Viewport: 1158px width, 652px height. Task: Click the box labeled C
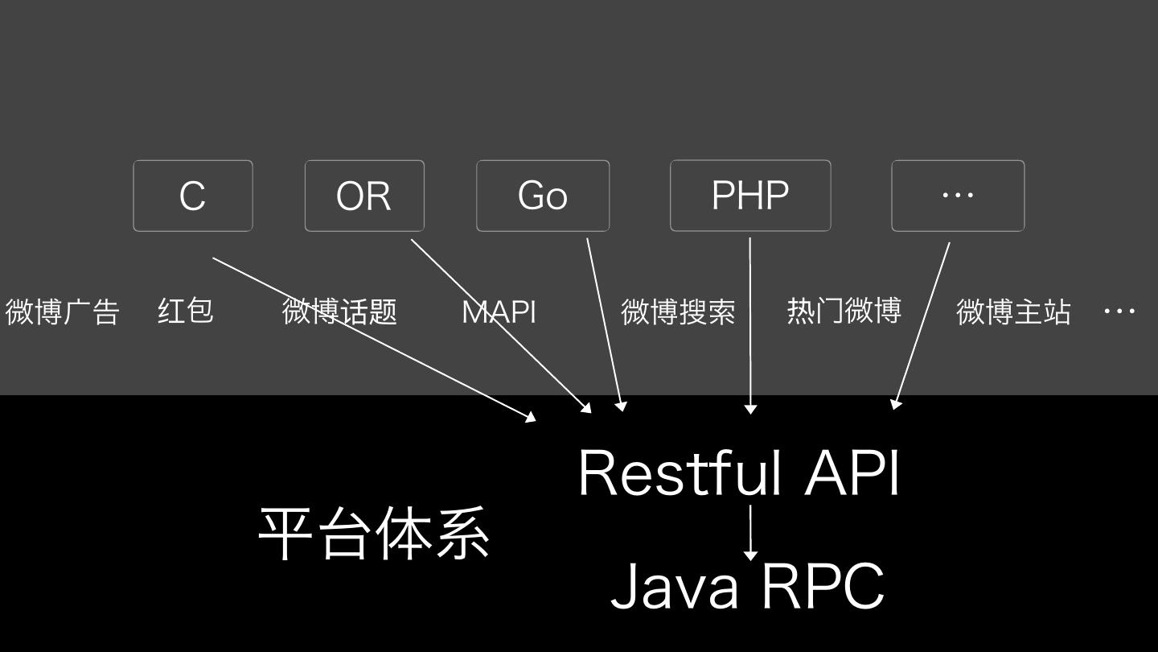(192, 196)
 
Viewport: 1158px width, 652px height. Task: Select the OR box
(363, 196)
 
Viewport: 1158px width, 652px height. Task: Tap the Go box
(542, 196)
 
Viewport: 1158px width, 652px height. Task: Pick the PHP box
(749, 196)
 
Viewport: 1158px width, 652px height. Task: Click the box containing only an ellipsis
(957, 196)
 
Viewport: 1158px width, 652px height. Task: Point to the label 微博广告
(63, 312)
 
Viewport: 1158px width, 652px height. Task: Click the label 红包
(185, 311)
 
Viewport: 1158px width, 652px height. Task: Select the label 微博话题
(339, 312)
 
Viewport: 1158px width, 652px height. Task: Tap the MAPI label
(499, 312)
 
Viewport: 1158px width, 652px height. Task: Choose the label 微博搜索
(678, 312)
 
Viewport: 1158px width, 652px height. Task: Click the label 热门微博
(844, 310)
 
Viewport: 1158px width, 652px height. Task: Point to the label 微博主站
(1013, 312)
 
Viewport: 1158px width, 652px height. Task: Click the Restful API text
(738, 473)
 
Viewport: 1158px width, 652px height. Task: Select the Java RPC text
(747, 587)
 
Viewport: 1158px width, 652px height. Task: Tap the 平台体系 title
(374, 534)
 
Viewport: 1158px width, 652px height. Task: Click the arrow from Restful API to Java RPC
(750, 531)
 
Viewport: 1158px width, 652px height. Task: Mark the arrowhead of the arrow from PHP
(750, 409)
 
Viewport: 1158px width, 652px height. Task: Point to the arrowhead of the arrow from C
(531, 417)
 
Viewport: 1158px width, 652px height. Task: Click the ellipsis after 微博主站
(1119, 311)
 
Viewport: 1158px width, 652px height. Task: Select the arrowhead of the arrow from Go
(621, 406)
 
